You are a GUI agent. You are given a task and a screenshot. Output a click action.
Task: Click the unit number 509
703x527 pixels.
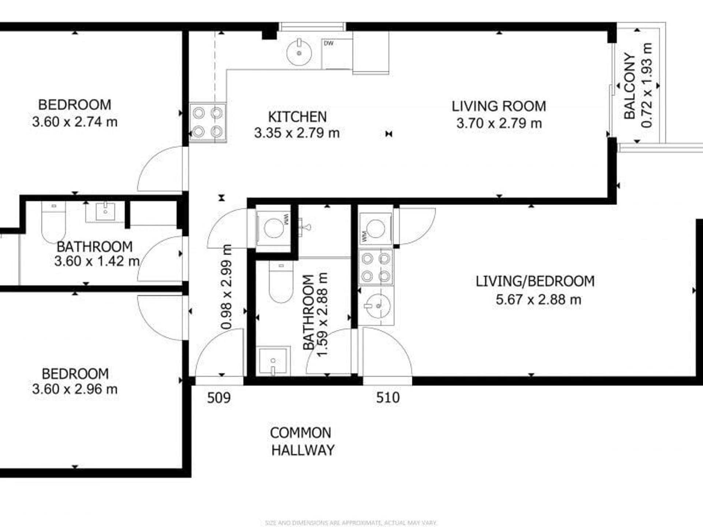219,398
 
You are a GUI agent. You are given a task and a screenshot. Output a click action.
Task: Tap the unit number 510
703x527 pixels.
388,398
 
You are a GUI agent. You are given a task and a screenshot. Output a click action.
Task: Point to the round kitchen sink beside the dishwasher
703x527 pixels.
299,53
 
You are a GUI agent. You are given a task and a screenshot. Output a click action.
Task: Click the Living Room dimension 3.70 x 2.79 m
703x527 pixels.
499,123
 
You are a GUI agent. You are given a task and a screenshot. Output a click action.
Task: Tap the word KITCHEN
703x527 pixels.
297,117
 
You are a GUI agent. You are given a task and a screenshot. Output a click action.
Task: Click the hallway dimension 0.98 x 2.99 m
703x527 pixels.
227,287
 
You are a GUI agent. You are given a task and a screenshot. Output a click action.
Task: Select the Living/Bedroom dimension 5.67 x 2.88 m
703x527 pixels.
538,300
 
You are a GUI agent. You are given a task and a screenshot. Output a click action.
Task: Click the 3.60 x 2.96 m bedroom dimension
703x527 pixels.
75,389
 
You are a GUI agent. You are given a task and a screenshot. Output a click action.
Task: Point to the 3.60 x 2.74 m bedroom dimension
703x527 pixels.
75,122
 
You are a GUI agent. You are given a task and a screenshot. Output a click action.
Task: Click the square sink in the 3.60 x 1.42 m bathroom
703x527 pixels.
105,211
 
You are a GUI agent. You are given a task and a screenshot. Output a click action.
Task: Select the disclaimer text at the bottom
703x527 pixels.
351,523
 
